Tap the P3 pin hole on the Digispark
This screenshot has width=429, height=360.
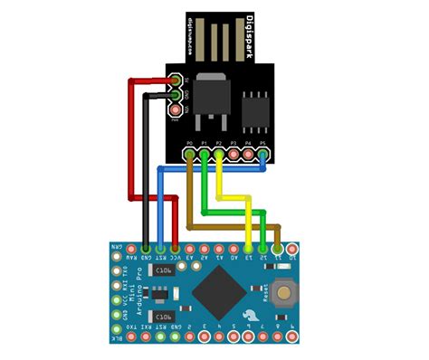pyautogui.click(x=234, y=155)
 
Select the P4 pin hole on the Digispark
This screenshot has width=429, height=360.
pyautogui.click(x=248, y=155)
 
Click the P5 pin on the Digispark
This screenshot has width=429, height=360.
pyautogui.click(x=262, y=155)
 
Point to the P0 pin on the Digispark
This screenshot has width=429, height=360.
pyautogui.click(x=189, y=155)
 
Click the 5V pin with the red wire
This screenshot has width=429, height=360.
pyautogui.click(x=175, y=82)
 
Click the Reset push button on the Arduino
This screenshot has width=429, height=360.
pyautogui.click(x=289, y=291)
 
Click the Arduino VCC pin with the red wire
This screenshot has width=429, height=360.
pyautogui.click(x=175, y=247)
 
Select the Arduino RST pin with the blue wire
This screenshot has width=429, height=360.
pyautogui.click(x=160, y=247)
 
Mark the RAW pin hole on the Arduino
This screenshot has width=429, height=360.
pyautogui.click(x=130, y=247)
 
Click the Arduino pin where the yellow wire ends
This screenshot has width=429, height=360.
pyautogui.click(x=248, y=247)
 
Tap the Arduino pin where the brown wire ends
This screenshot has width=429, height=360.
pyautogui.click(x=278, y=247)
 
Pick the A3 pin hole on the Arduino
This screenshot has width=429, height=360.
pyautogui.click(x=189, y=247)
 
